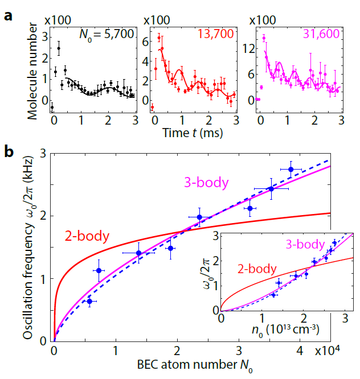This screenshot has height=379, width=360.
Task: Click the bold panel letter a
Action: click(8, 15)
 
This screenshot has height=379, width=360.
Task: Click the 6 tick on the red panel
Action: click(146, 41)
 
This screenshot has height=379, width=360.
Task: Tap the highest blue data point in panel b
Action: click(291, 169)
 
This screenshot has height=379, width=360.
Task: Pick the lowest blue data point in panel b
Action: click(89, 301)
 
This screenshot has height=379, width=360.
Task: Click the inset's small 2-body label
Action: click(259, 269)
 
